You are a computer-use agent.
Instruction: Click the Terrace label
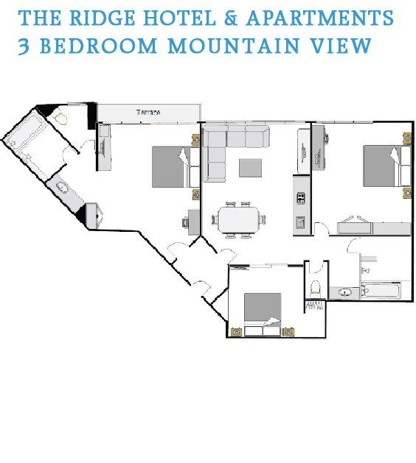pos(148,112)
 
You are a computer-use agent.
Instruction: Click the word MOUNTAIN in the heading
pos(233,46)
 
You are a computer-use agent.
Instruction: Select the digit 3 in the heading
pos(24,46)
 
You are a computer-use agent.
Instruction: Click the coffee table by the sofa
pos(250,168)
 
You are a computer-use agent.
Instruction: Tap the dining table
pos(238,219)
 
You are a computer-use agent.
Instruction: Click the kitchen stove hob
pos(301,198)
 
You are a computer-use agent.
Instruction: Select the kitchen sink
pos(300,222)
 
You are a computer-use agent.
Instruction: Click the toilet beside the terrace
pos(60,116)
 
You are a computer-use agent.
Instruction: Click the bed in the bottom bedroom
pos(263,314)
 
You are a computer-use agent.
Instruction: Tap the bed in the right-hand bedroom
pos(387,166)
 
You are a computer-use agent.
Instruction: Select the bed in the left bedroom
pos(176,167)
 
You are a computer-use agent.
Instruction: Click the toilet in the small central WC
pos(315,289)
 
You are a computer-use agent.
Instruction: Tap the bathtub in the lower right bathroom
pos(381,291)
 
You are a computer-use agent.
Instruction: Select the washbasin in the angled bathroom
pos(63,188)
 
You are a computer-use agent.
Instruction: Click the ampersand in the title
pos(231,18)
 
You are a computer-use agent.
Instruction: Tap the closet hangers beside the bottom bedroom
pos(315,305)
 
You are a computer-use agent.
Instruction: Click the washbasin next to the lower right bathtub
pos(344,292)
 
